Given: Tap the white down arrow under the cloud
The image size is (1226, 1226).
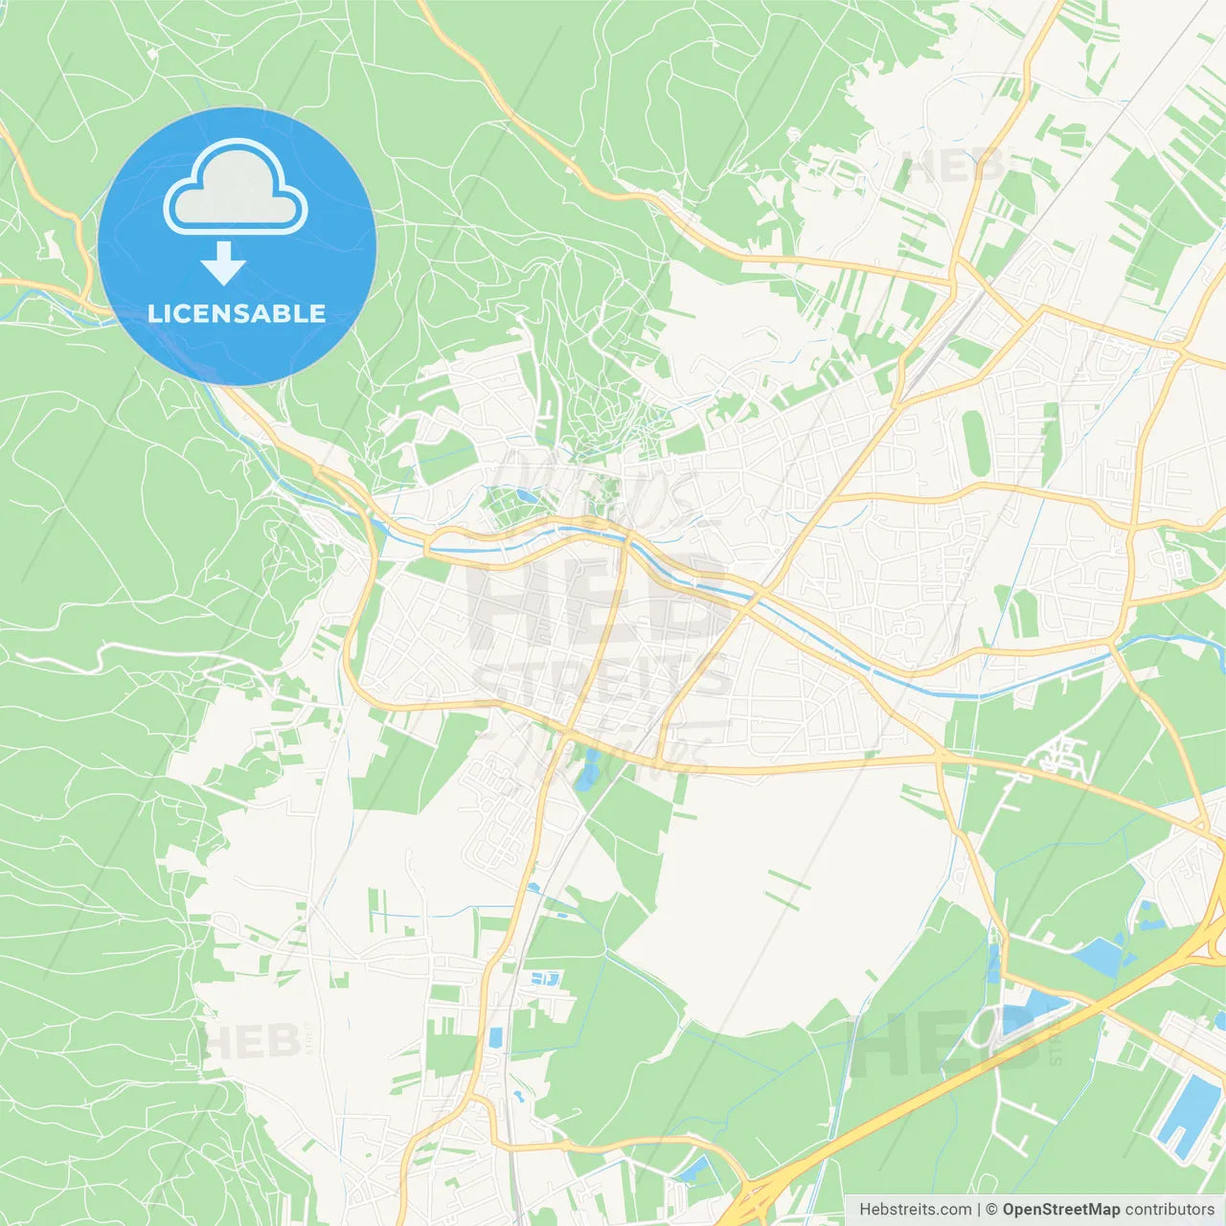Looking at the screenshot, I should [224, 262].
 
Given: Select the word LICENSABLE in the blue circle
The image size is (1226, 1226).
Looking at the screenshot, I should [237, 313].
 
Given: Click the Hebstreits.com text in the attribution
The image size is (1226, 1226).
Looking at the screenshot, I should [915, 1210].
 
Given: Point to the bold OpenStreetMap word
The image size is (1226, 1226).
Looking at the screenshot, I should [1061, 1210].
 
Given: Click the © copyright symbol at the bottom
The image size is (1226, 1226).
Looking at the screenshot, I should [992, 1210].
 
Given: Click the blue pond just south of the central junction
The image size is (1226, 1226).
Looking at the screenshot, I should [586, 772].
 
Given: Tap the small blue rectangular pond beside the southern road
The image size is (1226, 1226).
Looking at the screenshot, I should [495, 1037].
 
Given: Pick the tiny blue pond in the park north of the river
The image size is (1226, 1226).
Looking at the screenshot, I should [525, 495].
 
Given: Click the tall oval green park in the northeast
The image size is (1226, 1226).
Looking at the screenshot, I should [974, 443].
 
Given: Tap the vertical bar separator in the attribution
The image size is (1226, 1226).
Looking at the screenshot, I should [978, 1210].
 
